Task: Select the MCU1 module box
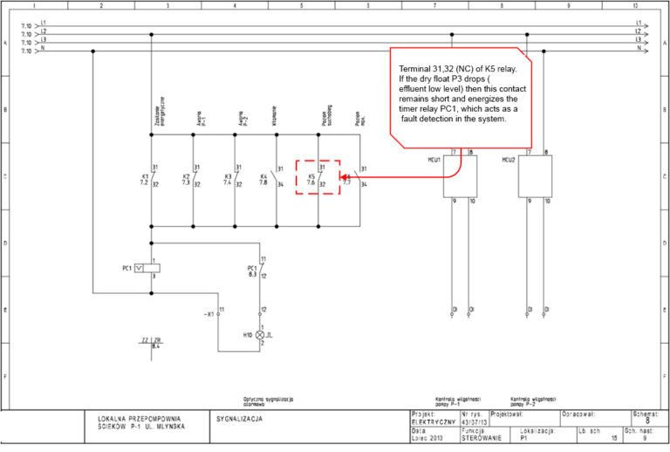point(458,178)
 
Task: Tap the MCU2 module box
point(533,178)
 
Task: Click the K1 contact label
point(145,177)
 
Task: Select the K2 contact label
point(186,177)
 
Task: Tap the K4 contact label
point(264,177)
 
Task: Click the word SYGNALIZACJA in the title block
point(237,419)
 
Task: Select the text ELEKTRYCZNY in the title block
point(433,421)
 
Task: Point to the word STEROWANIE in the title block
point(482,438)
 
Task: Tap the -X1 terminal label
point(209,312)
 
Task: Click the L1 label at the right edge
point(639,23)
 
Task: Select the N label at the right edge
point(639,49)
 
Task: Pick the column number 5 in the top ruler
point(301,5)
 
